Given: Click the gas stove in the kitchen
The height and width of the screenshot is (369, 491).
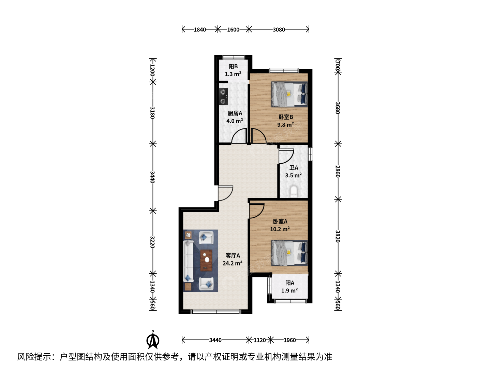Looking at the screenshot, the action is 223,97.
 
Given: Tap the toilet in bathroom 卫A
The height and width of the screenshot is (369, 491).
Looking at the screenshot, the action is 293,191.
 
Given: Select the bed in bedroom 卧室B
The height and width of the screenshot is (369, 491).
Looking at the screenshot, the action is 289,94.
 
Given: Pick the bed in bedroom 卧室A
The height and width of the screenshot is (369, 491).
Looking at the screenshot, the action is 289,253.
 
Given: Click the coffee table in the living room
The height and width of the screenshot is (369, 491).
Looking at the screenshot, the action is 206,260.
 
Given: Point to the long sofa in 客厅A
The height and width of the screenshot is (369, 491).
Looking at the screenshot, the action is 188,261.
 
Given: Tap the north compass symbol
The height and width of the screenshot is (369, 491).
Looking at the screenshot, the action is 153,340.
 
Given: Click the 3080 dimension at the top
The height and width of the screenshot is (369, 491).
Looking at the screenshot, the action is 279,30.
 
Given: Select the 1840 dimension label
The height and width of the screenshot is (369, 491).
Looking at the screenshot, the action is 199,30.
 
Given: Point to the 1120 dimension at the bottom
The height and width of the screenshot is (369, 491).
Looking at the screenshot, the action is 259,340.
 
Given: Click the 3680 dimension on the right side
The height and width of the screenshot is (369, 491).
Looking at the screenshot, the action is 338,108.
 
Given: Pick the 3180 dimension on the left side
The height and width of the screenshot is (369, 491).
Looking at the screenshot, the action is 152,113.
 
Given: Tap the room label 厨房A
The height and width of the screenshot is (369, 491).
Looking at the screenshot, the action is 235,113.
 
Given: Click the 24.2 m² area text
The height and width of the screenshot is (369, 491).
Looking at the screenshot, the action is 233,263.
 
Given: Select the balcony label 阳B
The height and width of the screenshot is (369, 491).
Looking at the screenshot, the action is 233,66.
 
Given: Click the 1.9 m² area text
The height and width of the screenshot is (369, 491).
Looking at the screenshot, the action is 289,290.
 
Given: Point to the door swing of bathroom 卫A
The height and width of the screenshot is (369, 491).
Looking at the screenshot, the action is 286,156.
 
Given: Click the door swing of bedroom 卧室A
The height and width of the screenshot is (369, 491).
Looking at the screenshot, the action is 257,210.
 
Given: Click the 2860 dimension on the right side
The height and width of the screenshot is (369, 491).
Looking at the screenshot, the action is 338,172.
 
